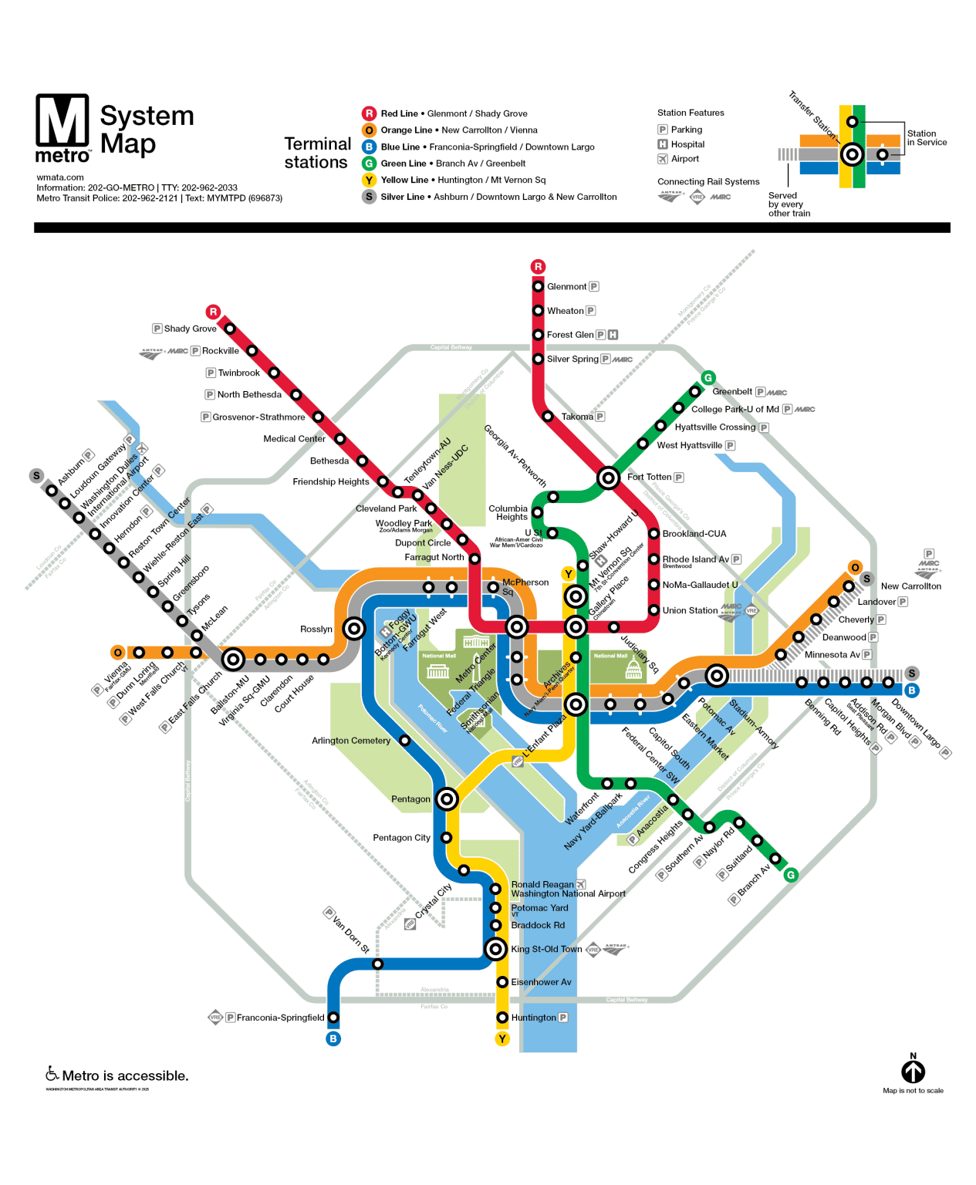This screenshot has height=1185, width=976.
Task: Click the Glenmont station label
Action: coord(566,287)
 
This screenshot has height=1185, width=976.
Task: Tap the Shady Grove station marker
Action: coord(230,329)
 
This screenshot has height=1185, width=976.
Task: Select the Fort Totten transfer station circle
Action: coord(608,478)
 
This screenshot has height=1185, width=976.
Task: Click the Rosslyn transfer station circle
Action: coord(354,629)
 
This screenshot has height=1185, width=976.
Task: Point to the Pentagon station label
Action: coord(410,799)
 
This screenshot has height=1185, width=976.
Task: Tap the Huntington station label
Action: coord(533,1018)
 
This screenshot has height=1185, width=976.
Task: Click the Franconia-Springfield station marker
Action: coord(333,1018)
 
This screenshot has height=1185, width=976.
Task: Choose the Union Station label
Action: coord(690,610)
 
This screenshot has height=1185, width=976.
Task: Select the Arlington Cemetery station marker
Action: coord(404,741)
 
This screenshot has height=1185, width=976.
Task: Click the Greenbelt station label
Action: coord(731,392)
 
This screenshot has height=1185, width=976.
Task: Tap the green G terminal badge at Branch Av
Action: coord(790,875)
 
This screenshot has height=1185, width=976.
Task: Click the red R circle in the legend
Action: coord(369,113)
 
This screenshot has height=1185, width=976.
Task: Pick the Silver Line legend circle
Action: coord(369,197)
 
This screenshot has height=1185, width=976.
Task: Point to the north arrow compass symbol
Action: coord(913,1071)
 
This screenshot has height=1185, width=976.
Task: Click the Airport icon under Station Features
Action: coord(662,159)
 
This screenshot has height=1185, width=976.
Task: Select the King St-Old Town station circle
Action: coord(496,949)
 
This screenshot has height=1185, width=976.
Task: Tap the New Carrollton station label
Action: coord(910,586)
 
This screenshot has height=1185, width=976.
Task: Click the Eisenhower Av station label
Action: coord(541,982)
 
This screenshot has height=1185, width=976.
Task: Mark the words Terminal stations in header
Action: coord(316,153)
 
